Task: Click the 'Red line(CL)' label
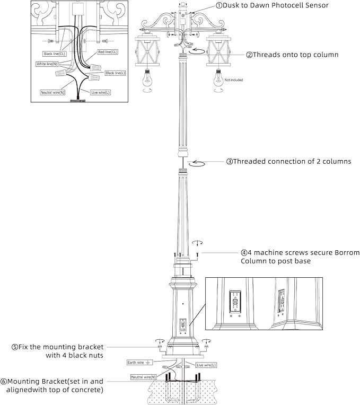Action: point(108,52)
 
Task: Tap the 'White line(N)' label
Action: point(47,64)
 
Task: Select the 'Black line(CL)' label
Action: point(54,54)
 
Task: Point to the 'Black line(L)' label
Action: point(115,73)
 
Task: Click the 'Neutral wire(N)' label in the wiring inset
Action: point(52,92)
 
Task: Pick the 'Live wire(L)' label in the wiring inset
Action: point(100,92)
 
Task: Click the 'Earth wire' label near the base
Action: point(140,363)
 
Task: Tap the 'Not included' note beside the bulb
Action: point(234,80)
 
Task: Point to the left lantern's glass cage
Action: point(147,51)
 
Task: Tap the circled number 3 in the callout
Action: point(230,162)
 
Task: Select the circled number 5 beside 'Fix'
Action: point(14,347)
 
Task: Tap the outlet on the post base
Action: point(183,324)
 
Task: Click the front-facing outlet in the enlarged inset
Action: point(235,302)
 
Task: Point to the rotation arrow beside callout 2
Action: point(197,51)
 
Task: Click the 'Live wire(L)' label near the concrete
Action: point(206,365)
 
